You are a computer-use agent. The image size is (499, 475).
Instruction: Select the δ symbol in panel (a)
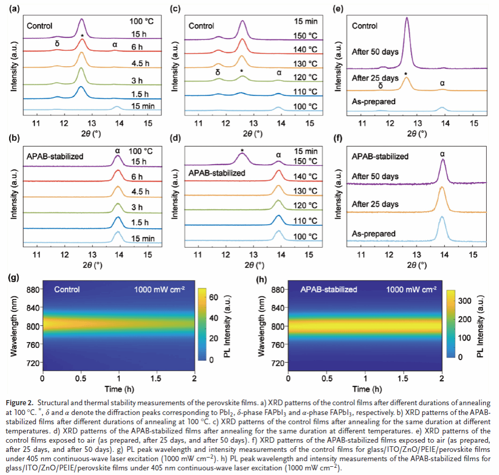(x=57, y=44)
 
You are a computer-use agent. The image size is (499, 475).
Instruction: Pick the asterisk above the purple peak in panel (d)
(x=242, y=151)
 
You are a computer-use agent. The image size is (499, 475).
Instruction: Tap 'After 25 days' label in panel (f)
(x=375, y=204)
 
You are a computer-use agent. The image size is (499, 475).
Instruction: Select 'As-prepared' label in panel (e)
(x=373, y=102)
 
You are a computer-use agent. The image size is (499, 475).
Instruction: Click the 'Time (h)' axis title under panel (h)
(x=365, y=388)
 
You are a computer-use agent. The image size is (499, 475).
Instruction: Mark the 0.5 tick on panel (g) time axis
(x=81, y=378)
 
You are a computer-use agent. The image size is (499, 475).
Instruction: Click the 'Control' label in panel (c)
(x=202, y=25)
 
